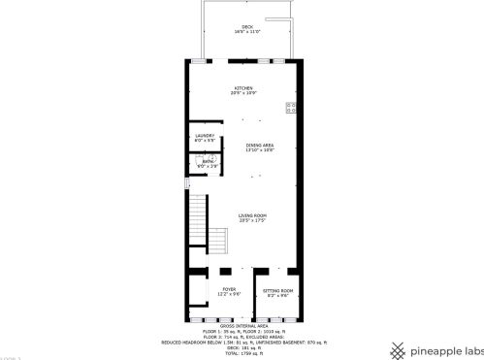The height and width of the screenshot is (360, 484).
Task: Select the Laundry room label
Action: pos(204,135)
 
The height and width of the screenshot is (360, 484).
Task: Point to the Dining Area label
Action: pos(260,145)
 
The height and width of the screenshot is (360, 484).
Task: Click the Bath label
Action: pos(208,161)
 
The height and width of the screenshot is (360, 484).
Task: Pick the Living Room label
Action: pos(253,215)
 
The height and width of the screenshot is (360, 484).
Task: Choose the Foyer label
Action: pos(229,289)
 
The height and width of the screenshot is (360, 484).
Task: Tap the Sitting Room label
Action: pos(278,289)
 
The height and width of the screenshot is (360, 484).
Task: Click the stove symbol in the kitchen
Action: pos(290,107)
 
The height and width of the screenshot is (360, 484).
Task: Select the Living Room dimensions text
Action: pos(253,220)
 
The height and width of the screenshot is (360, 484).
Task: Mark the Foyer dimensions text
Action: pos(229,294)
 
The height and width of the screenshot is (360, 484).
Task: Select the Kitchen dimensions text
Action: pos(242,94)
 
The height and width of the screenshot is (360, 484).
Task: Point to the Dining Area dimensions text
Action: pos(260,149)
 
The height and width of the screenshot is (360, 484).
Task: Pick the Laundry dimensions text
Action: pos(204,140)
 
